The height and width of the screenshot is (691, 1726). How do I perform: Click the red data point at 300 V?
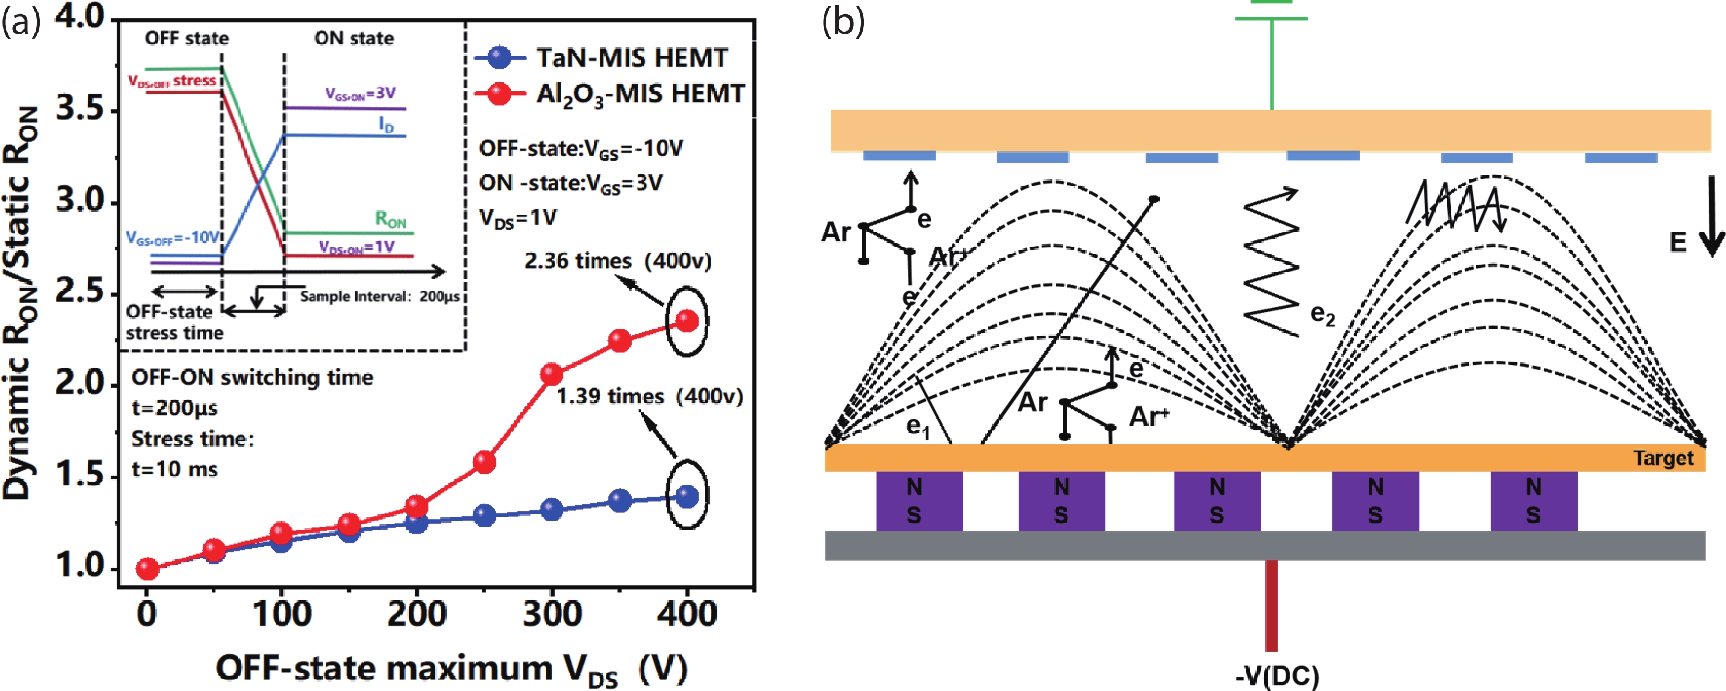point(551,374)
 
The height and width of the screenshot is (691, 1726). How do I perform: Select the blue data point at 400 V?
point(687,497)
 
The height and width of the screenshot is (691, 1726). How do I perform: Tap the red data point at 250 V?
point(485,462)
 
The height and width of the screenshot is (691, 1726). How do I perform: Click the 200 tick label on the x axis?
point(416,614)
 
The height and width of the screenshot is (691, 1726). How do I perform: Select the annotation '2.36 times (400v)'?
point(617,261)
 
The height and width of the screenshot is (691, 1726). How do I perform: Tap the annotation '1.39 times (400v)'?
point(649,396)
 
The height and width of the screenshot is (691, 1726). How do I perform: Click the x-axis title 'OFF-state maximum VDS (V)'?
point(452,669)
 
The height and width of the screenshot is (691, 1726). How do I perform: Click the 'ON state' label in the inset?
point(354,38)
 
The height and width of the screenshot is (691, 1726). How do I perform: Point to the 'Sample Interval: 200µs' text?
point(380,296)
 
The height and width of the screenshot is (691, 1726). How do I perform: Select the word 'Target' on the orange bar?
point(1663,458)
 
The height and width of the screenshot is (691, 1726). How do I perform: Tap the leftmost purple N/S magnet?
point(919,500)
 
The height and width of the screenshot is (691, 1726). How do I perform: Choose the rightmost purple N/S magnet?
point(1534,500)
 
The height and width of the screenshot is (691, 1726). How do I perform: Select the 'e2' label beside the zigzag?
point(1323,315)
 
